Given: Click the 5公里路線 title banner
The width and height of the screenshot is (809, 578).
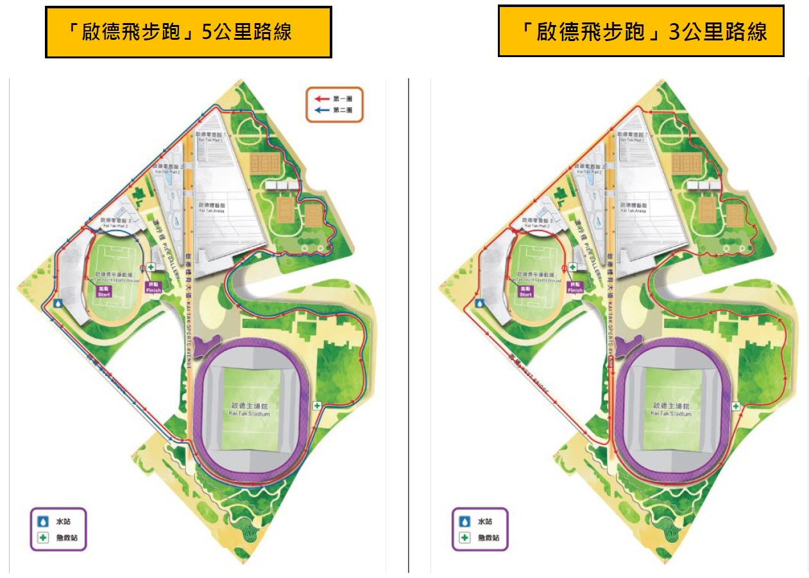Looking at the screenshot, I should click(188, 32).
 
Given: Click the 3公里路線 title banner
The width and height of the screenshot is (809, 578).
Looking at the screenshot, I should click(641, 31).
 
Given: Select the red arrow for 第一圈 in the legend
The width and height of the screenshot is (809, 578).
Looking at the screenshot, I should click(323, 99).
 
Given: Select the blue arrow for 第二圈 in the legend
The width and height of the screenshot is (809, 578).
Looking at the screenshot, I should click(323, 110).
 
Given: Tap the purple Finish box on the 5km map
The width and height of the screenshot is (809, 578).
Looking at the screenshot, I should click(153, 287).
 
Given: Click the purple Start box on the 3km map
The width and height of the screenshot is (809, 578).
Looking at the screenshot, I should click(525, 291).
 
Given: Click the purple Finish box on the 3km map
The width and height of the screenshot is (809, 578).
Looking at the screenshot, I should click(575, 287).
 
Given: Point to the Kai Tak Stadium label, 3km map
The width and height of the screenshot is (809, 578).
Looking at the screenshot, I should click(671, 410).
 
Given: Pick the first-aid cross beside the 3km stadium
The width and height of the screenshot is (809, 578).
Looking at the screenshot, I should click(737, 405).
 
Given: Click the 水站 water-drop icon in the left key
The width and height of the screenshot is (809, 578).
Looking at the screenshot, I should click(44, 522).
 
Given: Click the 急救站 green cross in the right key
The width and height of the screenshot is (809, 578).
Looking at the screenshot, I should click(465, 538).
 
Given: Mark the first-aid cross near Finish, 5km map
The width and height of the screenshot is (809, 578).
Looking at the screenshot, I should click(151, 267).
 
